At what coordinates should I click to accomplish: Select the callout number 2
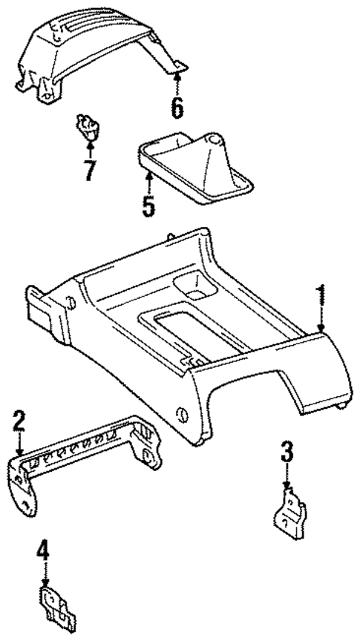coord(19,423)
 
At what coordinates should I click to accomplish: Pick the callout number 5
coord(148,205)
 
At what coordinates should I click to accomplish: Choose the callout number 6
coord(177,106)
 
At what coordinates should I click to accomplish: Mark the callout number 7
coord(89,170)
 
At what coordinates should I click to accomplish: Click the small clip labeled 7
coord(88,126)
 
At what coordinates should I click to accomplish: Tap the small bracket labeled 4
coord(57,605)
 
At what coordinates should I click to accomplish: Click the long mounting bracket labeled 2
coord(89,456)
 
